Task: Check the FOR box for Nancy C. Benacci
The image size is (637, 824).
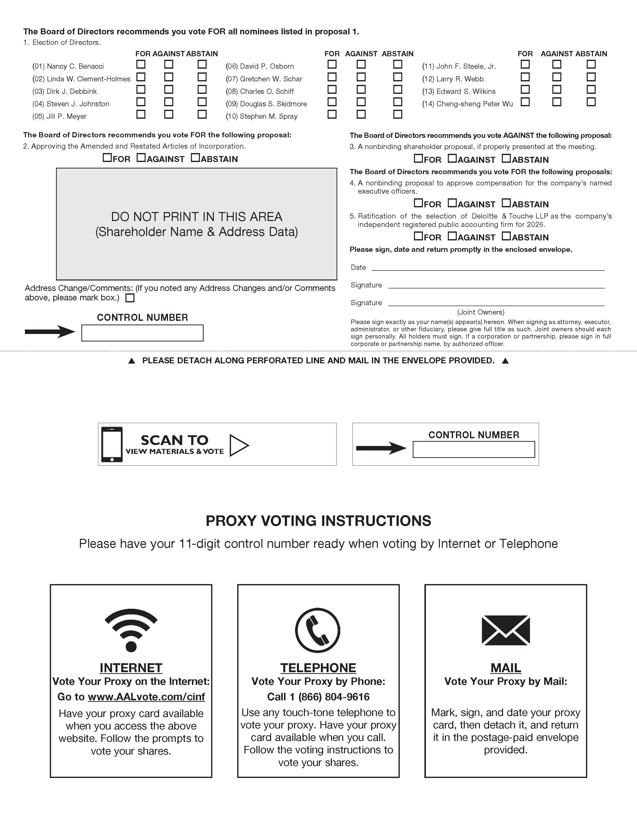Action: pos(141,64)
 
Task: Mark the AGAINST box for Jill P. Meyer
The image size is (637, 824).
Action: pos(169,114)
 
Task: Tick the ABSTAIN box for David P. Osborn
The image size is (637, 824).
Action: pos(397,64)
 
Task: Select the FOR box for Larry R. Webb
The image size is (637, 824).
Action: pos(525,77)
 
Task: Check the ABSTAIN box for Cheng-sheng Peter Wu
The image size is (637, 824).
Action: pos(591,102)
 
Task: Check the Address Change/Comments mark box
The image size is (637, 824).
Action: pos(130,298)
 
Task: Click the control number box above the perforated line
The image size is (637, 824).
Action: pos(142,333)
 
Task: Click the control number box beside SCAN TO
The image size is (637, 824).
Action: pos(474,449)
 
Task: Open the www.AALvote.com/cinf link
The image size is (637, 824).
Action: pos(146,697)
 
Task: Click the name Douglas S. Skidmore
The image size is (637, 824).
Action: pos(273,104)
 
